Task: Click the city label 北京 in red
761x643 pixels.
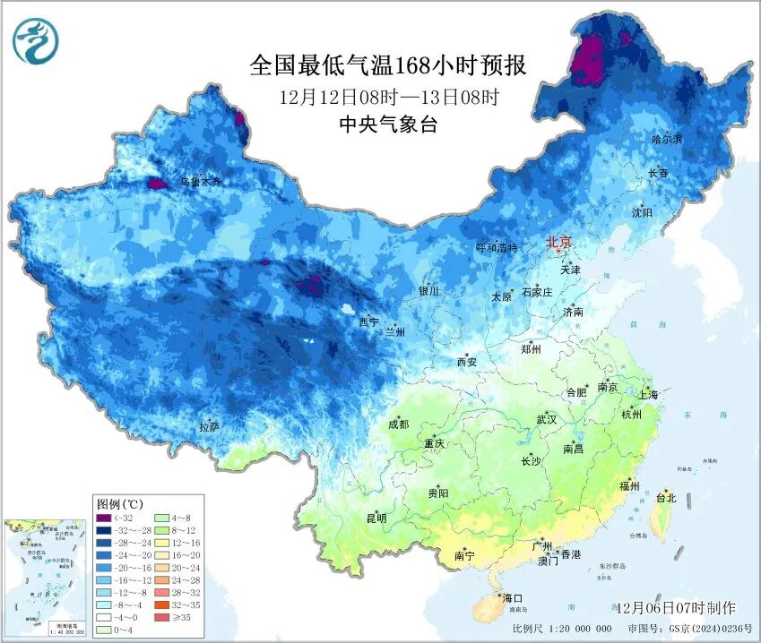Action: (559, 242)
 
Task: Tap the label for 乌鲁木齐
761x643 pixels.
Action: (199, 182)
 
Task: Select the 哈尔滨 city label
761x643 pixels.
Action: (667, 139)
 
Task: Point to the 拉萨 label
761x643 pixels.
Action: (209, 426)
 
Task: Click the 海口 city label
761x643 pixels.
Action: (512, 598)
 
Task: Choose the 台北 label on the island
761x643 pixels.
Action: (666, 498)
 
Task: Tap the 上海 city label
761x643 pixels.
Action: (647, 395)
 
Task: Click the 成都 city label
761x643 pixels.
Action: (399, 424)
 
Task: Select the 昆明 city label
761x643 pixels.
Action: (376, 518)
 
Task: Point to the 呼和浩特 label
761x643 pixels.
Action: (496, 248)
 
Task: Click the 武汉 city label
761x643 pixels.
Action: (546, 419)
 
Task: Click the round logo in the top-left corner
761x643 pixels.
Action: (34, 40)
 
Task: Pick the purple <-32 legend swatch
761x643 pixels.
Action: (104, 519)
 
